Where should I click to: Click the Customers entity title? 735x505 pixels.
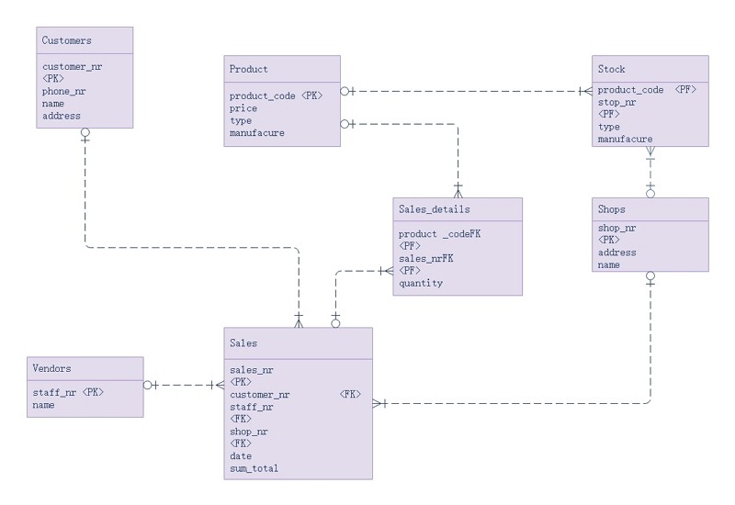pos(67,40)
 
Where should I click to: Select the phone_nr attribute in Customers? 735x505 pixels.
pos(64,91)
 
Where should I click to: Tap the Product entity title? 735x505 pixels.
pos(249,69)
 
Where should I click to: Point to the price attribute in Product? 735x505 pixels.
pos(243,108)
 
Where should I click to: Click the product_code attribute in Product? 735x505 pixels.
pos(261,95)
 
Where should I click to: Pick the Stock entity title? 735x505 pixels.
pos(612,69)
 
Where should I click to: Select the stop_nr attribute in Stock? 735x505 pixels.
pos(618,103)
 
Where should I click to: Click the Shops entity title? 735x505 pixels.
pos(612,209)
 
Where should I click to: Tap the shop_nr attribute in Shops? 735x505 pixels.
pos(617,228)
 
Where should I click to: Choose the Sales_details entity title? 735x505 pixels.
pos(435,209)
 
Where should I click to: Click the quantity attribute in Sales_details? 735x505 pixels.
pos(421,283)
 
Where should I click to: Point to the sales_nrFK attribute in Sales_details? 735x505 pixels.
pos(426,259)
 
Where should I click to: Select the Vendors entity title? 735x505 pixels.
pos(51,367)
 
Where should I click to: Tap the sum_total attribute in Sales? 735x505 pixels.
pos(254,468)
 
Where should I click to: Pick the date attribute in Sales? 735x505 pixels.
pos(241,455)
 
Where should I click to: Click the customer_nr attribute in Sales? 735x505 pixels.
pos(260,394)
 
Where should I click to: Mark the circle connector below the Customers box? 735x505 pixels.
pos(85,133)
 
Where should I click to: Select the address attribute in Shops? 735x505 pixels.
pos(617,252)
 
